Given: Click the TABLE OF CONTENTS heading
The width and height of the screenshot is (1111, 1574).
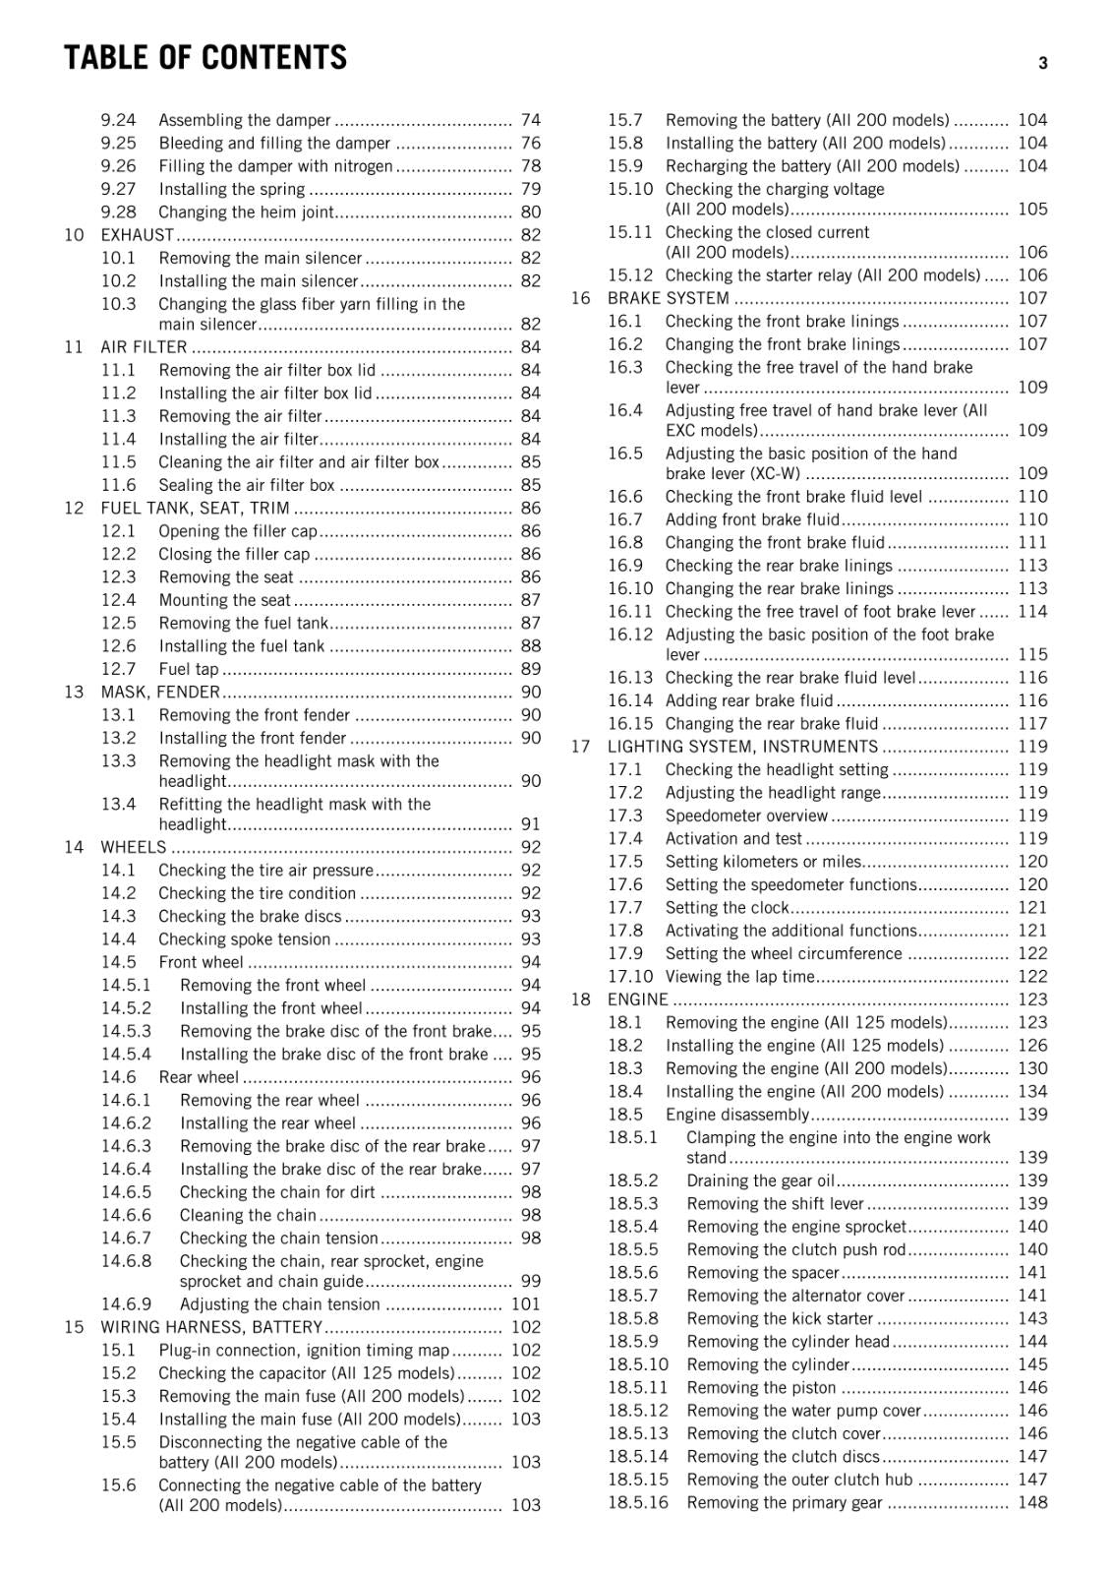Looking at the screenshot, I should coord(205,59).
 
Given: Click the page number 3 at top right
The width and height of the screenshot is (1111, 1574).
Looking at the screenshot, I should coord(1042,63).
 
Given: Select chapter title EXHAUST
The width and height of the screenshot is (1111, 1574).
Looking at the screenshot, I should coord(137,235).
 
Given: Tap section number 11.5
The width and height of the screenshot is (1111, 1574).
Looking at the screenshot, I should coord(118,462).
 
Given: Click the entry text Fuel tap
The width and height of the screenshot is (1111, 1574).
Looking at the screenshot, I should coord(188,669).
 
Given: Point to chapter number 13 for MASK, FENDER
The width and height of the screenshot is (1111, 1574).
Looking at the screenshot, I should coord(74,693).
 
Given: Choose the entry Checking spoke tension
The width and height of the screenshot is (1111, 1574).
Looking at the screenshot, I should coord(244,939).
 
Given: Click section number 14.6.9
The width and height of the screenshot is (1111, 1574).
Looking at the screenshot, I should coord(126,1304).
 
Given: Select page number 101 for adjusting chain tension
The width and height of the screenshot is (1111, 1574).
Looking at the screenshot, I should coord(525,1304).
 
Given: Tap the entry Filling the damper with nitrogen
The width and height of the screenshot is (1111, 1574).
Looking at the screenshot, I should coord(275,166).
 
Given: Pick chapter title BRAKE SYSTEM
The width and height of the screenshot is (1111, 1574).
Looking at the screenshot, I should coord(668,298).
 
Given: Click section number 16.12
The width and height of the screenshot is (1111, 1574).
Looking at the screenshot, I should coord(629,635).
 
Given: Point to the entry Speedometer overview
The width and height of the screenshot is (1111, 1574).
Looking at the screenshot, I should coord(746,816).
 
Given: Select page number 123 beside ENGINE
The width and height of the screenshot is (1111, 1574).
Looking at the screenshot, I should coord(1032,999).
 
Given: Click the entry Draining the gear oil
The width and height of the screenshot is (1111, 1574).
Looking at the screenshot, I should coord(760,1180).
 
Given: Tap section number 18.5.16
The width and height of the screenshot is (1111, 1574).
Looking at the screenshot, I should coord(637,1502).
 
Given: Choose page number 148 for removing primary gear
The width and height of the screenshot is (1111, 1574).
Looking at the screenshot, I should coord(1032,1502).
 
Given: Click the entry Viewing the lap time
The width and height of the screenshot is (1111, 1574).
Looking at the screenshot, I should coord(739,977).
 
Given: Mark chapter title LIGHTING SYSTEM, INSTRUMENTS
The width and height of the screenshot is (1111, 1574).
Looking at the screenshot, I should coord(742,747).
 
